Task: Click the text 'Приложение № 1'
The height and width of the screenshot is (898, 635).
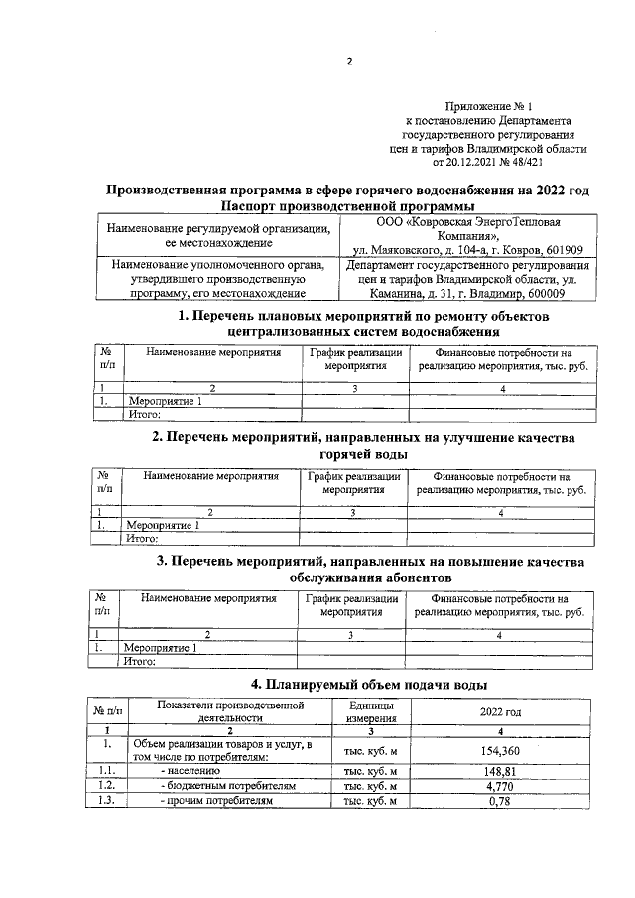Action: (x=490, y=106)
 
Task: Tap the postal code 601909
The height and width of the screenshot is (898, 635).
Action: (x=561, y=249)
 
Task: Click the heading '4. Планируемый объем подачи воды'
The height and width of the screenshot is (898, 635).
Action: (x=368, y=684)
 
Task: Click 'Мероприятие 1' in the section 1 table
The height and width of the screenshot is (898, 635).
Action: (x=166, y=401)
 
